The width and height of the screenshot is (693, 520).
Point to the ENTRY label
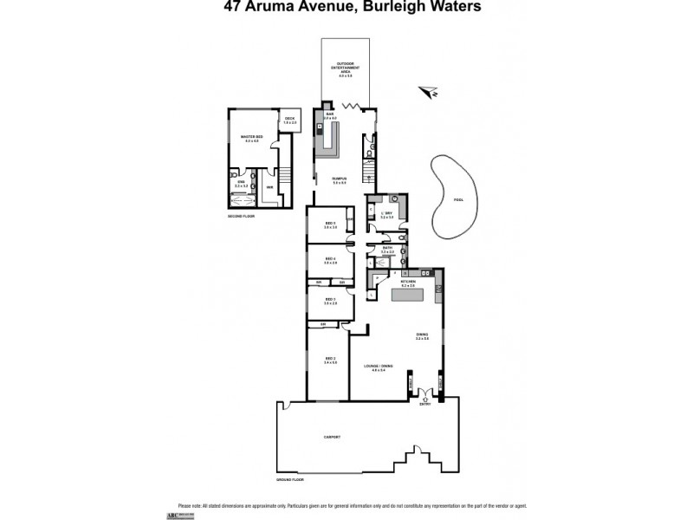pyautogui.click(x=424, y=404)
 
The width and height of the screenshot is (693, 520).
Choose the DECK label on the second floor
pyautogui.click(x=290, y=120)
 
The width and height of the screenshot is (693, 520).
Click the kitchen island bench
pyautogui.click(x=411, y=296)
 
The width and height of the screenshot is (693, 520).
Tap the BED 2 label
pyautogui.click(x=329, y=359)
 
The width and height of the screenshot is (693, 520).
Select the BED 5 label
pyautogui.click(x=330, y=224)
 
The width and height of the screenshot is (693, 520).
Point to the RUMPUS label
pyautogui.click(x=339, y=179)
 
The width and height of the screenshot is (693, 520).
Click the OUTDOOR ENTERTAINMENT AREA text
pyautogui.click(x=346, y=69)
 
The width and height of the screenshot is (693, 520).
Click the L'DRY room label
pyautogui.click(x=387, y=213)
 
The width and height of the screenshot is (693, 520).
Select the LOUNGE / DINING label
pyautogui.click(x=378, y=368)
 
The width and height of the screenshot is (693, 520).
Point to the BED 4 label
pyautogui.click(x=330, y=259)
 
